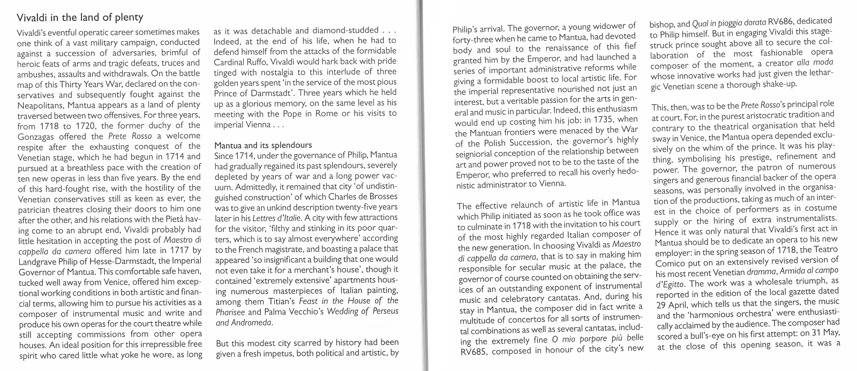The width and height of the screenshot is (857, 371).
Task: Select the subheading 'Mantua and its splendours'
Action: tap(262, 145)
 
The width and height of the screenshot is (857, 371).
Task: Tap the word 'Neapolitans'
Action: tap(40, 105)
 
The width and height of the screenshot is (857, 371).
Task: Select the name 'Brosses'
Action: tap(381, 196)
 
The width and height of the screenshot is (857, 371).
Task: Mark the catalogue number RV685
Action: tap(474, 352)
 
